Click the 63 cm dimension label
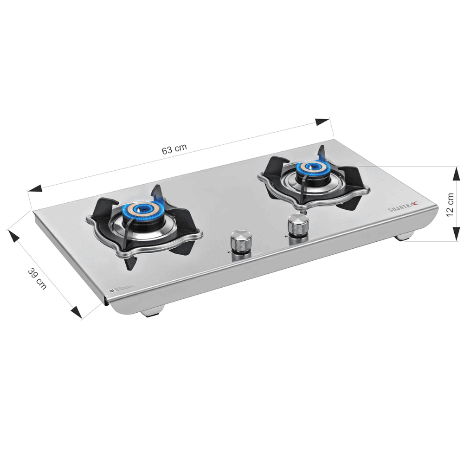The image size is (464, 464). pos(174,149)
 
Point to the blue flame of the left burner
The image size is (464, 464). pos(139,211)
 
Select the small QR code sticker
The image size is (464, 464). pos(111,290)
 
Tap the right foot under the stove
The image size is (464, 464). pos(404,237)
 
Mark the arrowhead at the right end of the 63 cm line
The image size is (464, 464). pos(322,122)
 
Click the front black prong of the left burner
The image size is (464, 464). pos(131,261)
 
